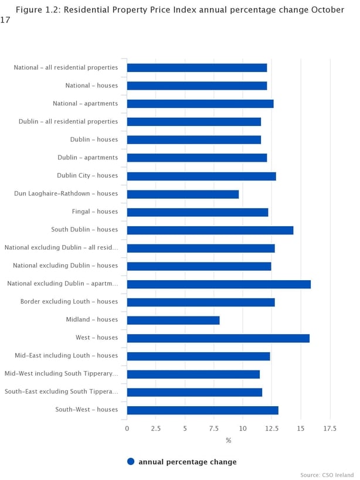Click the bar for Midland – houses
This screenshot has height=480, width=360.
click(173, 320)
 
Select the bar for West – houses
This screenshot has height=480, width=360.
click(218, 338)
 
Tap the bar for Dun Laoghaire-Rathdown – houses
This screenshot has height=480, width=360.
click(183, 194)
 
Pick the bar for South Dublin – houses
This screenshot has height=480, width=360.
click(210, 230)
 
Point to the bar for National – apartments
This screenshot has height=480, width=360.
click(200, 104)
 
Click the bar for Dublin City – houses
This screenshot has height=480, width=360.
click(201, 176)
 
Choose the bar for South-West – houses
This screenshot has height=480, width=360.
click(202, 410)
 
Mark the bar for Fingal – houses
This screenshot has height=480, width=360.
click(198, 212)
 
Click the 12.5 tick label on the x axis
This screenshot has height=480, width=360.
click(271, 428)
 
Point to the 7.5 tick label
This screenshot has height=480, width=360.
click(214, 428)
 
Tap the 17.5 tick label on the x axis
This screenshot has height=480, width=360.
click(330, 428)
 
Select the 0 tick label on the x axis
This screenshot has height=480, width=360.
click(127, 428)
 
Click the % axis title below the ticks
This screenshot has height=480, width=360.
click(229, 440)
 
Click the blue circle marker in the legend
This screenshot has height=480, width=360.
click(131, 462)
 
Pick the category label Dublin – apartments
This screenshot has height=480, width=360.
click(87, 158)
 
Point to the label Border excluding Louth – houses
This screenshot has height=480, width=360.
click(69, 302)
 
